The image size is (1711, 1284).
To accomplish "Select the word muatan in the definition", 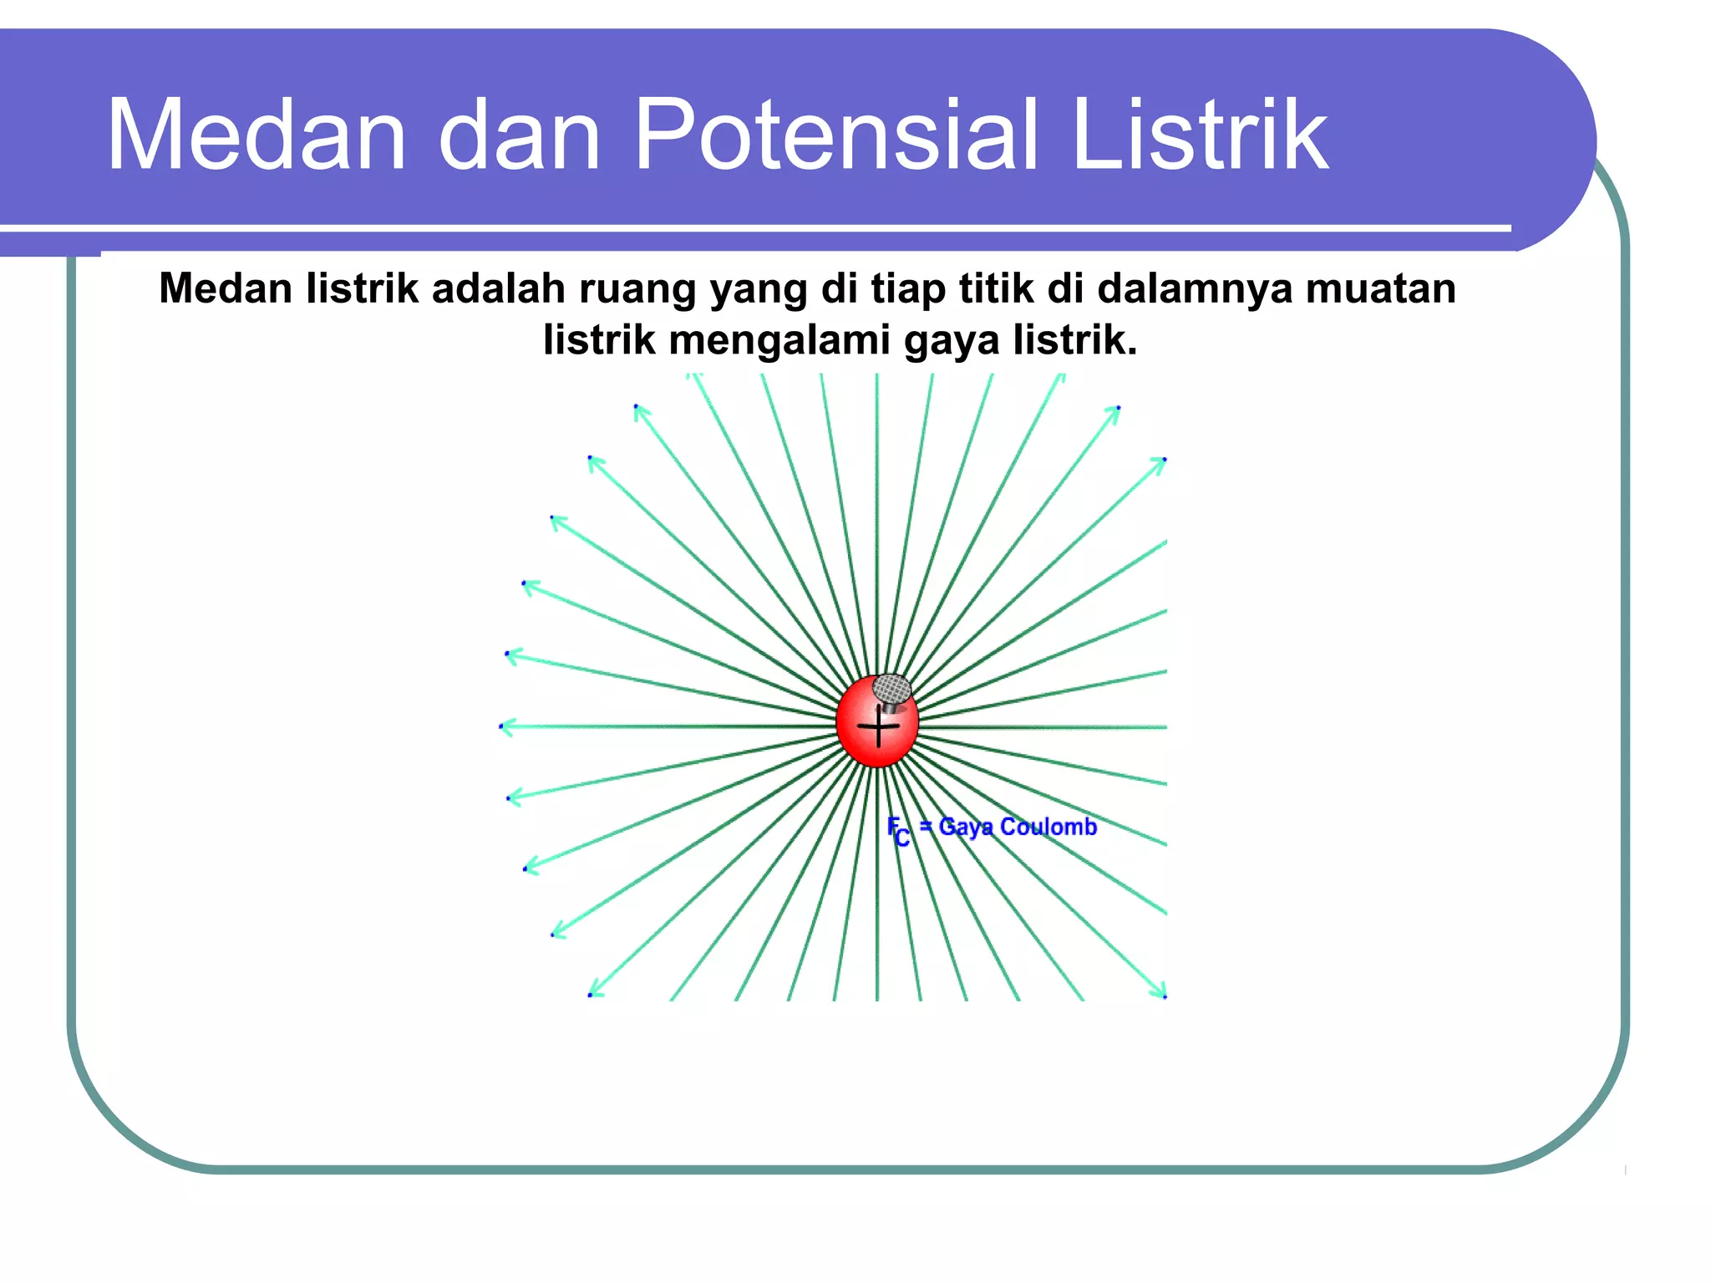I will tap(1380, 288).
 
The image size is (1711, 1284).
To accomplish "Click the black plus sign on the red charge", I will tap(878, 726).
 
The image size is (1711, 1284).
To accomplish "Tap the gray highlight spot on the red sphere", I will tap(891, 690).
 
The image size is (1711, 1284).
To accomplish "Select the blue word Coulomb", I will tap(1048, 827).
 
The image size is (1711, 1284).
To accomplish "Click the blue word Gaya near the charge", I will tap(966, 827).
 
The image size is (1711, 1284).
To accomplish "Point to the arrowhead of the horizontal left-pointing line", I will tap(504, 726).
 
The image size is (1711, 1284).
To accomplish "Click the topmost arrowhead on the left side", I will tap(639, 410).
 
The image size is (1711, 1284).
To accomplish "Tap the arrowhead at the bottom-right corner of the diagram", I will tap(1161, 993).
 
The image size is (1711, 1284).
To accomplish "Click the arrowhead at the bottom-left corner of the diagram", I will tap(594, 992).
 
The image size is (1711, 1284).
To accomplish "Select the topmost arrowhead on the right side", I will tap(1115, 410).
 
